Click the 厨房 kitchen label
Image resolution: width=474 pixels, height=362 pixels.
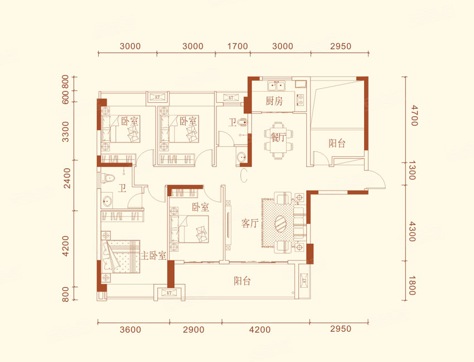(274, 101)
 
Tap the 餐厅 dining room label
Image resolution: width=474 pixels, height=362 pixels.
(278, 138)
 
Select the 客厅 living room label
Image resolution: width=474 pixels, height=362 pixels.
(249, 223)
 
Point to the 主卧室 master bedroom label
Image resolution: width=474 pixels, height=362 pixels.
(153, 255)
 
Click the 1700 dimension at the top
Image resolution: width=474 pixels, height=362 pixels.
(238, 46)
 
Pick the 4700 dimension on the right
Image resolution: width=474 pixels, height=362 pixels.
(414, 115)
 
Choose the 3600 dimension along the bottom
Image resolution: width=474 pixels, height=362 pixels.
(130, 329)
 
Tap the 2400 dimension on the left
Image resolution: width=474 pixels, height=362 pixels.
(67, 178)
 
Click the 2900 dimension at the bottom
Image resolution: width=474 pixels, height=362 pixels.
(194, 329)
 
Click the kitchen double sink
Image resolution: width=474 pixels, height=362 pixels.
(277, 86)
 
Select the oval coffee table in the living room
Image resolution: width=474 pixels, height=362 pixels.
(282, 223)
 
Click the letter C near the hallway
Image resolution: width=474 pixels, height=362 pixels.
(244, 176)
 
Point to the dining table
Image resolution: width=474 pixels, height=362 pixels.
(278, 140)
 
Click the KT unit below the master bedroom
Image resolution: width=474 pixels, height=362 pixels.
(169, 293)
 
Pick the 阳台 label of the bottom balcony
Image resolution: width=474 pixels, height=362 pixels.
(242, 281)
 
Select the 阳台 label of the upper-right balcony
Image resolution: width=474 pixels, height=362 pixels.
(337, 143)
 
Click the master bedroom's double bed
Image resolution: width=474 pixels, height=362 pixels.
(121, 256)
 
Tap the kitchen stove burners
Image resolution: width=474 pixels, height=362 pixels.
(300, 100)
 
